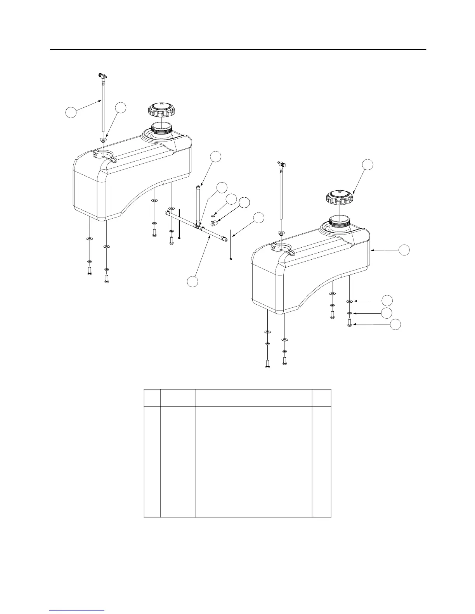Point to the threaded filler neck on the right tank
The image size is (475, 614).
(340, 224)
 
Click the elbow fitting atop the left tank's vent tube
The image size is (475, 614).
(102, 76)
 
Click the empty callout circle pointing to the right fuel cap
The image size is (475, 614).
(368, 164)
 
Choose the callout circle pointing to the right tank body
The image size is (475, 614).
(404, 250)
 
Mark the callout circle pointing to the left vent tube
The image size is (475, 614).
(70, 112)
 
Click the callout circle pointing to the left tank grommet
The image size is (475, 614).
(121, 108)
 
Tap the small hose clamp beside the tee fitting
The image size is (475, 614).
(213, 222)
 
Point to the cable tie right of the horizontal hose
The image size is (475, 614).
(231, 245)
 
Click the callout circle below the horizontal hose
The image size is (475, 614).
(193, 282)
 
